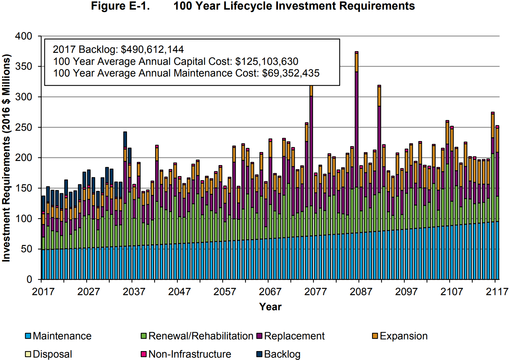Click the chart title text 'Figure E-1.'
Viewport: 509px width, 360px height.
(120, 6)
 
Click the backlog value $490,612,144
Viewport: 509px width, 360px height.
(152, 49)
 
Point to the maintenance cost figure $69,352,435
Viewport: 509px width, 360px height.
(290, 73)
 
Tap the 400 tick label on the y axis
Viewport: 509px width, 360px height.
(23, 36)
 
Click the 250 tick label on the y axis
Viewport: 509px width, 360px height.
(23, 127)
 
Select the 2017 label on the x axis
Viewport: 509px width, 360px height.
(43, 292)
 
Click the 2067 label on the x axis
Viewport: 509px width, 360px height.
(270, 292)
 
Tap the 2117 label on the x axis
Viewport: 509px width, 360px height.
(497, 292)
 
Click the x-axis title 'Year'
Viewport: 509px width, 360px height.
(270, 307)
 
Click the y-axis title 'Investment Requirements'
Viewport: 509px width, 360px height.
(6, 158)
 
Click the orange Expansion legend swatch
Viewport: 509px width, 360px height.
(375, 336)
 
